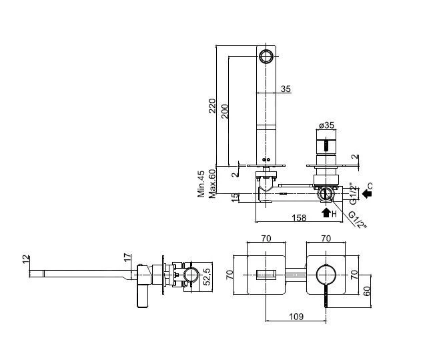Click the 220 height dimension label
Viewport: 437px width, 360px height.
[x=213, y=105]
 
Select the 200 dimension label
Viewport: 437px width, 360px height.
[x=225, y=111]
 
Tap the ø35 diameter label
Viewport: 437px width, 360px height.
[x=326, y=125]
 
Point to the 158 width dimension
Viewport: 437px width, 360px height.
[x=299, y=218]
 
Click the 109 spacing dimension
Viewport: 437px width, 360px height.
[x=296, y=317]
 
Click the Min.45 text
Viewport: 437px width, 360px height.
[x=201, y=184]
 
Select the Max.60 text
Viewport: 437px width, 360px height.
[x=213, y=184]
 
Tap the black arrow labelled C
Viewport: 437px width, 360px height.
[x=368, y=193]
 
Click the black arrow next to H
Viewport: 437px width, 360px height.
[x=326, y=213]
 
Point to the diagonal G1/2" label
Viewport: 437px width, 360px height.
[x=358, y=220]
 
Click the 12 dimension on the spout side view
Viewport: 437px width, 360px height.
[x=26, y=259]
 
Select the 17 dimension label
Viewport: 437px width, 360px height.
[x=127, y=257]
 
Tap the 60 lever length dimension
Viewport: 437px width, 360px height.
[x=367, y=291]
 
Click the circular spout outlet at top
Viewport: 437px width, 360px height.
[x=266, y=57]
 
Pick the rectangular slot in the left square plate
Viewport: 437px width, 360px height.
[x=266, y=275]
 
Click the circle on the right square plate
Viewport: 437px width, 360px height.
[x=326, y=275]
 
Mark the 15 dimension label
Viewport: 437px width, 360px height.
[x=236, y=197]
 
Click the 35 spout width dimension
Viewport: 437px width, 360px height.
[x=286, y=89]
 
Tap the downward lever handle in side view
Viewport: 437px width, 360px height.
[x=143, y=296]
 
